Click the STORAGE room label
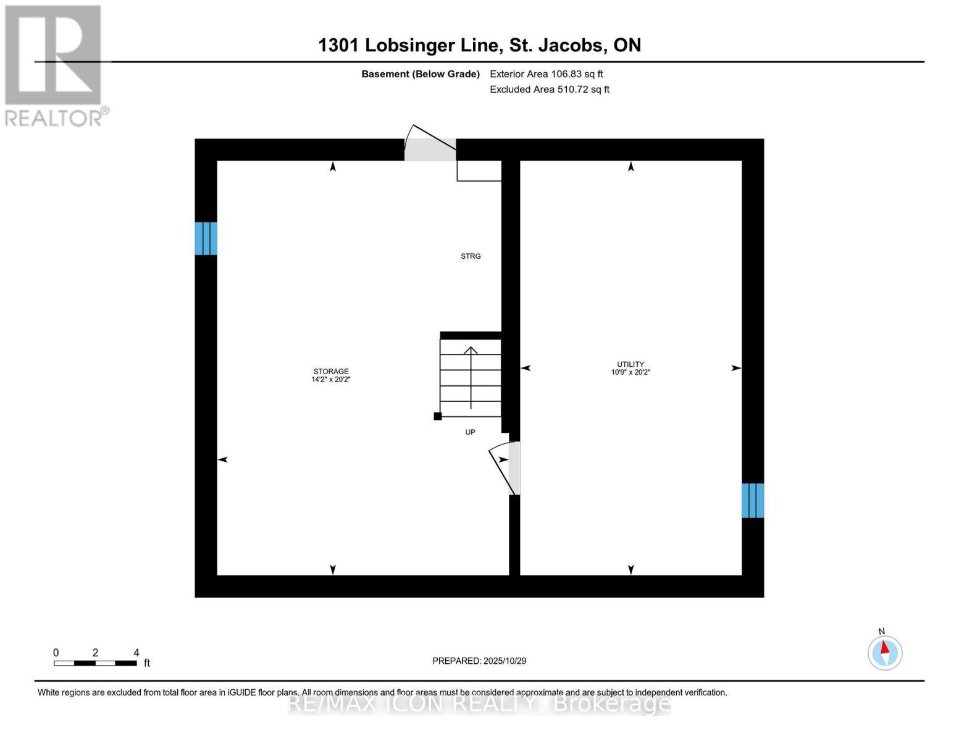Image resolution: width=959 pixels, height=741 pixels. click(x=330, y=371)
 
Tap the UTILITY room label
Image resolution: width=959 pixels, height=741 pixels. click(x=630, y=364)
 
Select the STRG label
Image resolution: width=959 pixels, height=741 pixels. click(x=471, y=256)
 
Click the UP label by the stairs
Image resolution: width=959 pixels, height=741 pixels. click(x=471, y=432)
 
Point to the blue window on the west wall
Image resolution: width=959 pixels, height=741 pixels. click(x=206, y=238)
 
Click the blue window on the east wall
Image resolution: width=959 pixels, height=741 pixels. click(x=753, y=500)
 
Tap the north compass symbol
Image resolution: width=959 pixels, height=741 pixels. click(x=885, y=652)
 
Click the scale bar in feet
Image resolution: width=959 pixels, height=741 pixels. click(x=95, y=663)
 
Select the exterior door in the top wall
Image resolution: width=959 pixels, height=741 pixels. click(x=430, y=149)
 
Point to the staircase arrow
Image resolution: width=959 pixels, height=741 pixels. click(x=471, y=377)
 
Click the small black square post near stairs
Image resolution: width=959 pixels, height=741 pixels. click(x=438, y=416)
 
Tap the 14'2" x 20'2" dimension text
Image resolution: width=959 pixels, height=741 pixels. click(x=331, y=380)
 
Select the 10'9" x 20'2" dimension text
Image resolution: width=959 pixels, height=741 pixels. click(x=630, y=372)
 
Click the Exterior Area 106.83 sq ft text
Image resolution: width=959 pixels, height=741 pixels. click(x=546, y=74)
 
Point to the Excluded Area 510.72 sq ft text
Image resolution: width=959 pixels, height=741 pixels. click(x=550, y=90)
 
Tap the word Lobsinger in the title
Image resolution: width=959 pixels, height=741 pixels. click(x=431, y=45)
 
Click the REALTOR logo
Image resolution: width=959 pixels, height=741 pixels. click(x=54, y=65)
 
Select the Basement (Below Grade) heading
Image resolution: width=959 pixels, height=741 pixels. click(x=421, y=74)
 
